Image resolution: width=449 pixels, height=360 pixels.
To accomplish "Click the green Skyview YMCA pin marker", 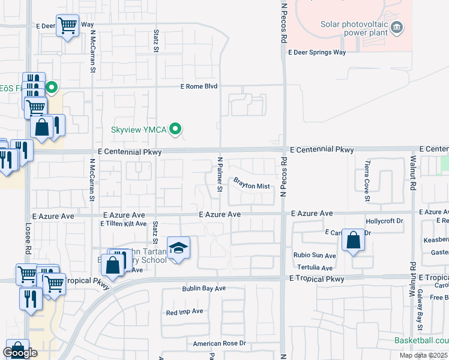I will coord(175,129).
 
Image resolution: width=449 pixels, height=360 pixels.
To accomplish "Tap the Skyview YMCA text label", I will coord(139,130).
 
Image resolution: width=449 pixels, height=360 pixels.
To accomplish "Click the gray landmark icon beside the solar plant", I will coord(396,28).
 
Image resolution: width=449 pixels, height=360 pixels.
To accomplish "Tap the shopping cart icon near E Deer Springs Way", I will coord(68,26).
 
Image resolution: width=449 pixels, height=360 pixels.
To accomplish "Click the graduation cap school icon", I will coord(178,248).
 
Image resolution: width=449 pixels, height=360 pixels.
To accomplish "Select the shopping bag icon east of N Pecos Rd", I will coord(354,241).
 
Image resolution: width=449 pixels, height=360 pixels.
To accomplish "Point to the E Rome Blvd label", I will coord(199,86).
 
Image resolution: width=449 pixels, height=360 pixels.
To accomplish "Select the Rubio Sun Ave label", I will coord(314,256).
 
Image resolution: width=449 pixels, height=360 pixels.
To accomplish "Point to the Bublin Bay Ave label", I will coord(204,289).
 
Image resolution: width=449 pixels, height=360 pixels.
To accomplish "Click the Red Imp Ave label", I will coord(185,312).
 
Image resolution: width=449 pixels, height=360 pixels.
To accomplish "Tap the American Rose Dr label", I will coord(219,344).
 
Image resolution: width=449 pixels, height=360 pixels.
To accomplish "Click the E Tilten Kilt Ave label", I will coord(123,224).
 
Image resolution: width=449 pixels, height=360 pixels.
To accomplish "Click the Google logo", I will coord(20,353).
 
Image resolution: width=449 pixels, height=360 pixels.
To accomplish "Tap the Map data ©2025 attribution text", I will coord(423,355).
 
